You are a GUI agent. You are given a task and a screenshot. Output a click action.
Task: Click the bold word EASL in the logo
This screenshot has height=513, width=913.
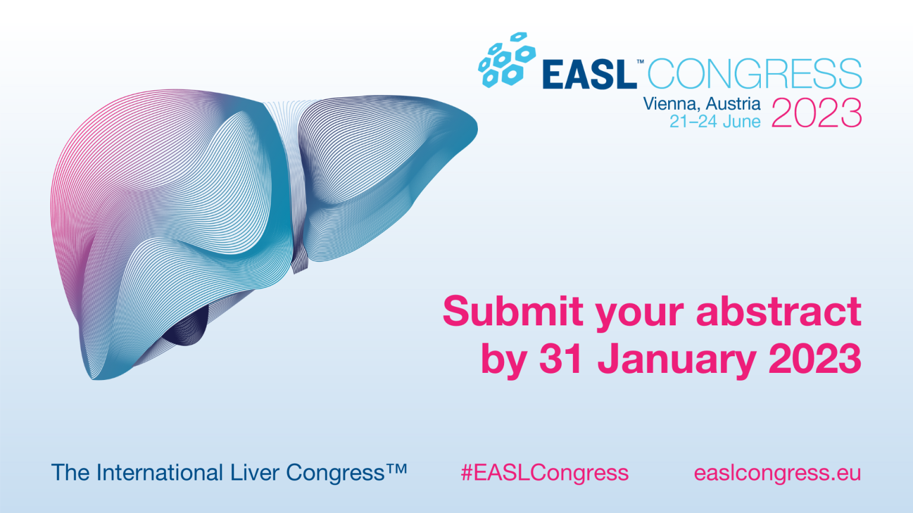[x=590, y=74]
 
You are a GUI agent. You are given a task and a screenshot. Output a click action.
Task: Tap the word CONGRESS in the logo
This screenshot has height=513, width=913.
[x=754, y=74]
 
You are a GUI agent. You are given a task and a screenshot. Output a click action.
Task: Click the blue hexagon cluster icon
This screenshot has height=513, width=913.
[x=507, y=60]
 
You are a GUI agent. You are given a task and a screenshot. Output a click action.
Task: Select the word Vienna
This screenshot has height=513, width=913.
[x=672, y=104]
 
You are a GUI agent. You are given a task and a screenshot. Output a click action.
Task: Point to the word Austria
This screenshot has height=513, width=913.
[x=733, y=104]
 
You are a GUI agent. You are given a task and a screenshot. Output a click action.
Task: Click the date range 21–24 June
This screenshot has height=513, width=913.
[x=715, y=121]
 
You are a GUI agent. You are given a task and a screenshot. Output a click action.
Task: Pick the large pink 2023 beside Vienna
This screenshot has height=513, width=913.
[x=816, y=113]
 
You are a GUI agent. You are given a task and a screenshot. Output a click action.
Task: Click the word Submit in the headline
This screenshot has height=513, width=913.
[x=513, y=311]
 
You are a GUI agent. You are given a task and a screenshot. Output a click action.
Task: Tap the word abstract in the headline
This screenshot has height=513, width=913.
[x=779, y=311]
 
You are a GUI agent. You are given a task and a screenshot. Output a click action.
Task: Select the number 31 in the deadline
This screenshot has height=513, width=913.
[x=561, y=359]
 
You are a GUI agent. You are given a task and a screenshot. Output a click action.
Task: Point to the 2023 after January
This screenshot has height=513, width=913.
[x=814, y=359]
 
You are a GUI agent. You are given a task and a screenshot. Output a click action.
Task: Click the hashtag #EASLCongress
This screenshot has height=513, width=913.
[x=544, y=473]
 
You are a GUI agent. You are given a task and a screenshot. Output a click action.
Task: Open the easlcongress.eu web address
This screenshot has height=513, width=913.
[x=777, y=473]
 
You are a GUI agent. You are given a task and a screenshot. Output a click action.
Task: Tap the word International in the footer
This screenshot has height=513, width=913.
[x=160, y=472]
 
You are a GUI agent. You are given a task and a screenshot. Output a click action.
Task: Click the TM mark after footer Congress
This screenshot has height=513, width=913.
[x=396, y=468]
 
